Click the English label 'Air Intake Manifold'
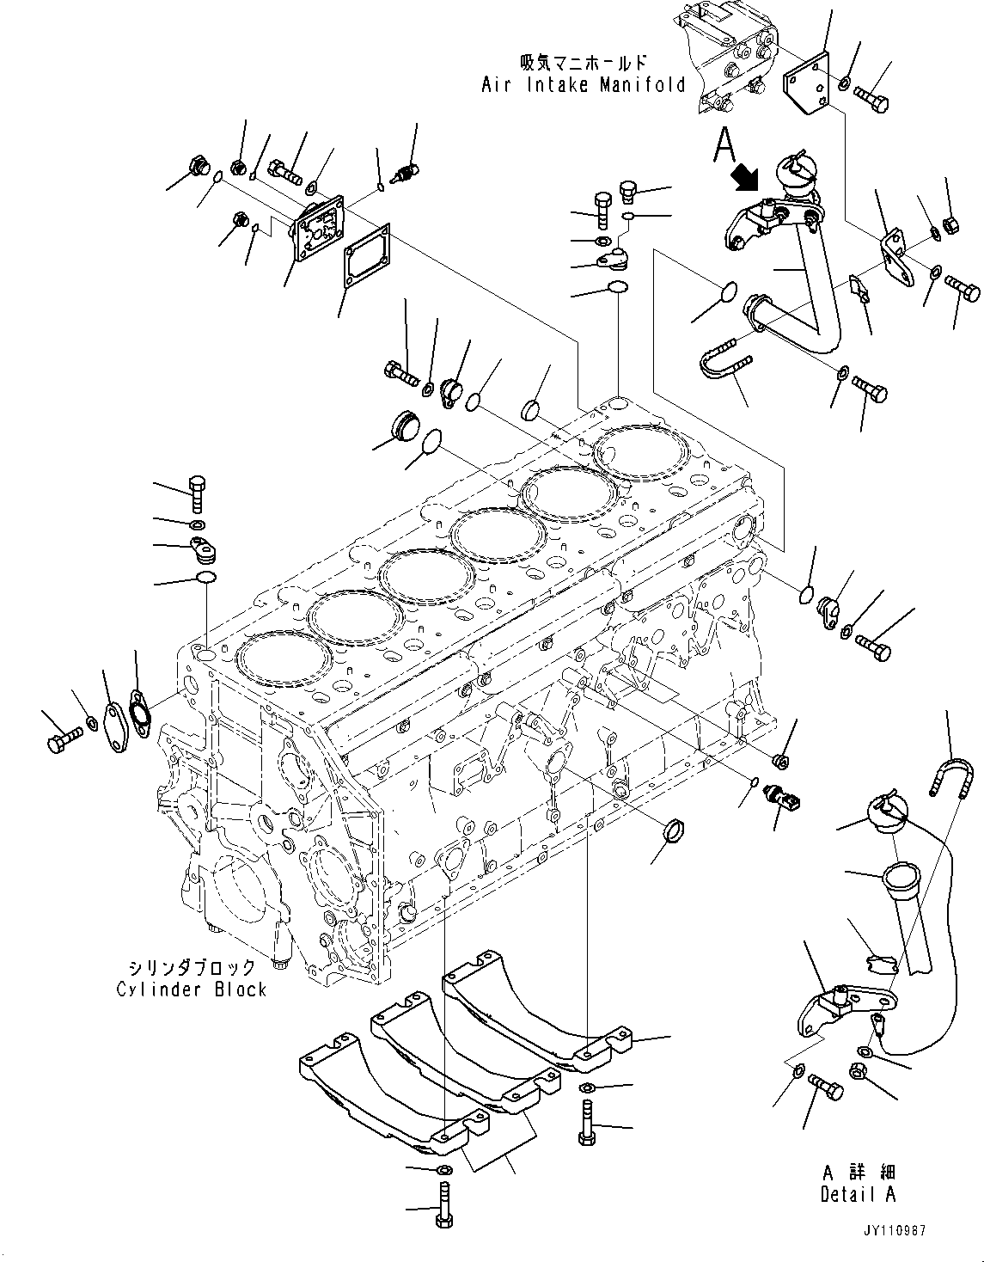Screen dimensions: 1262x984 [584, 84]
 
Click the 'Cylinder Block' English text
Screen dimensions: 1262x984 [192, 989]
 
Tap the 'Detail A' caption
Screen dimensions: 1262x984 [857, 1194]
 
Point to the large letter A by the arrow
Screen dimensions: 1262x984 [724, 144]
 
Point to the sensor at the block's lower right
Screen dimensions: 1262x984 [784, 799]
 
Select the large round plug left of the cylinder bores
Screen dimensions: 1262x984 [401, 426]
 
